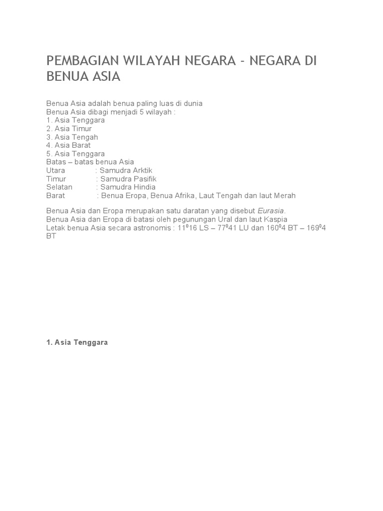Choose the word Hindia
[142, 187]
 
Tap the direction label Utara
[56, 170]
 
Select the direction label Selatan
[59, 187]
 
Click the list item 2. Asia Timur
[69, 128]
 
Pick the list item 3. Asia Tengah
[72, 137]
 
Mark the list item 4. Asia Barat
[68, 145]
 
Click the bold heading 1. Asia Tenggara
[77, 343]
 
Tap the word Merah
[285, 196]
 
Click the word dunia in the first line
[192, 103]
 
